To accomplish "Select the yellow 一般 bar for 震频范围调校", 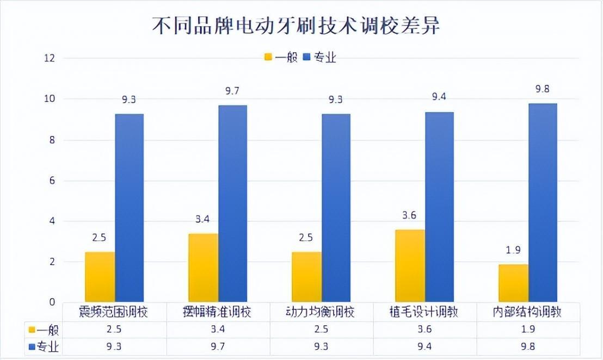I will [100, 277].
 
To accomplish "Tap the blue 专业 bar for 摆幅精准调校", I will [232, 203].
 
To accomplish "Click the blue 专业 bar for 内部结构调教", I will [543, 202].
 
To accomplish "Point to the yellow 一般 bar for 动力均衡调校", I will [306, 277].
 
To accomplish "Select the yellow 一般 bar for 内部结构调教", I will [514, 283].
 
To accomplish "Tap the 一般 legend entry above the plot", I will [281, 57].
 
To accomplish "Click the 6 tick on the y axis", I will [52, 181].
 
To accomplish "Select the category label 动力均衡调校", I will [321, 312].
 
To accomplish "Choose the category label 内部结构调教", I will [527, 312].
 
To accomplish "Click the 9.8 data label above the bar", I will [543, 89].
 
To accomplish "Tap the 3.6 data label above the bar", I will [410, 215].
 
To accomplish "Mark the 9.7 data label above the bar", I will [232, 91].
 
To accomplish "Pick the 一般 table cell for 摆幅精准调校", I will [218, 330].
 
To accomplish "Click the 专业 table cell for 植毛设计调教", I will [424, 346].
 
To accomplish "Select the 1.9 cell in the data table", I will [527, 330].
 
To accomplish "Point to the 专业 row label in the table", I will [44, 346].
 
